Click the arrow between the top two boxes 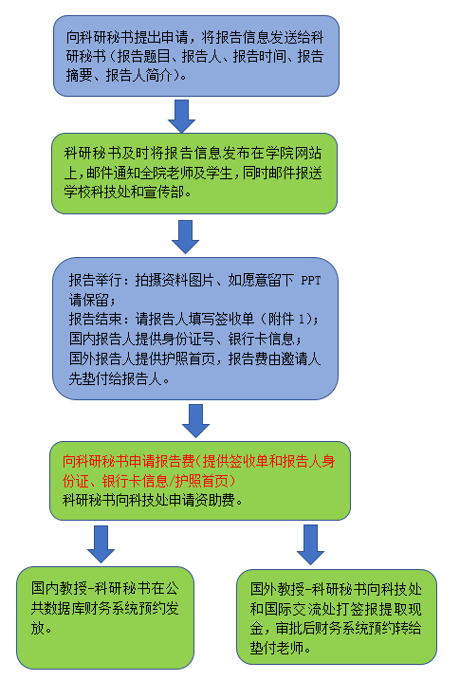click(x=181, y=117)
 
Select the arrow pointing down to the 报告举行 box click(x=186, y=237)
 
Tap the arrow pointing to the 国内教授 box click(x=101, y=544)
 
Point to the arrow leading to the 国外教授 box click(x=311, y=544)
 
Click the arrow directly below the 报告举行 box click(x=195, y=421)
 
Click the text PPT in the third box click(x=311, y=281)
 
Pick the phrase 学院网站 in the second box click(x=294, y=153)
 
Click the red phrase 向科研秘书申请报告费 click(x=128, y=461)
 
